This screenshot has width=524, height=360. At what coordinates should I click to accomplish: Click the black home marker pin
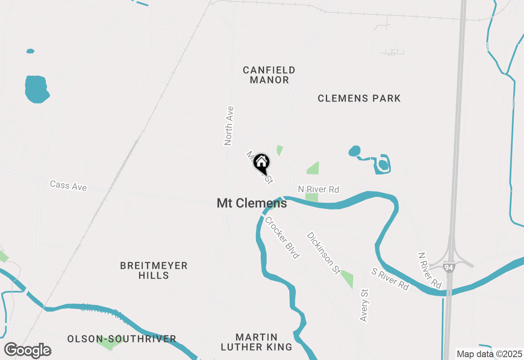[x=261, y=163]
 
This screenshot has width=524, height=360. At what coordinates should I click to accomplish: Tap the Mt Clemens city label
[x=252, y=203]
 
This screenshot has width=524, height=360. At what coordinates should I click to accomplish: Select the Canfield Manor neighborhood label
[x=269, y=75]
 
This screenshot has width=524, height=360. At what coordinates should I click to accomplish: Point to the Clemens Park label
[x=359, y=98]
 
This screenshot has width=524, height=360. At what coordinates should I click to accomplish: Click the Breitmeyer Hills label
[x=154, y=270]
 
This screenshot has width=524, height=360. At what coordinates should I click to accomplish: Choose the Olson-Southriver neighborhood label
[x=122, y=339]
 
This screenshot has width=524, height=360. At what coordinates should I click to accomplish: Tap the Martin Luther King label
[x=256, y=342]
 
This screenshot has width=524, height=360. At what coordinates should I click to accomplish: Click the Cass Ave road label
[x=68, y=186]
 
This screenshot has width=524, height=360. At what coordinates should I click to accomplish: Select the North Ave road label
[x=229, y=126]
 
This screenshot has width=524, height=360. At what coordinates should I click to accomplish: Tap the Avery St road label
[x=364, y=305]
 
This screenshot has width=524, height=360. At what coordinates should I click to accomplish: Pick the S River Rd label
[x=390, y=279]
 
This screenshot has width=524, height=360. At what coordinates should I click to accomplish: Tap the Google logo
[x=27, y=351]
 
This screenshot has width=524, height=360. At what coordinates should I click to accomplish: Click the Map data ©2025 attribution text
[x=489, y=354]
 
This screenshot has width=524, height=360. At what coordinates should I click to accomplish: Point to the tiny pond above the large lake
[x=30, y=51]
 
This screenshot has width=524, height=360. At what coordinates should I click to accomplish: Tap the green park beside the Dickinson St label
[x=347, y=279]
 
